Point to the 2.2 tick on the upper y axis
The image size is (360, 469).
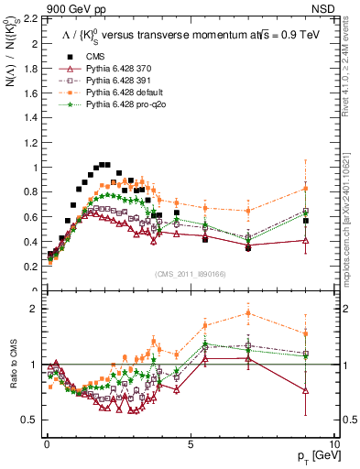click(x=32, y=19)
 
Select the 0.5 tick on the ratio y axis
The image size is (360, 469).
click(x=32, y=420)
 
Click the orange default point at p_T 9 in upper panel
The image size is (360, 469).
click(x=305, y=189)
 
